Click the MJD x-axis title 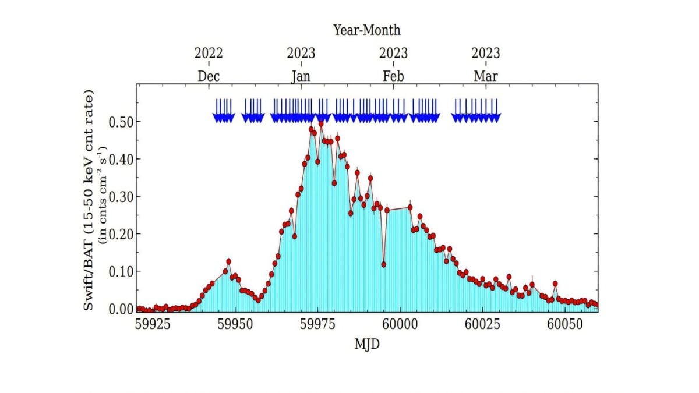pos(367,344)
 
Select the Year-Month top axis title pos(366,30)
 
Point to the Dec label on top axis pos(209,76)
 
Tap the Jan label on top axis pos(301,76)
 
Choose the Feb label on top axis pos(393,76)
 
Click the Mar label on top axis pos(486,76)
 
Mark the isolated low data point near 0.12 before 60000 pos(384,264)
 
